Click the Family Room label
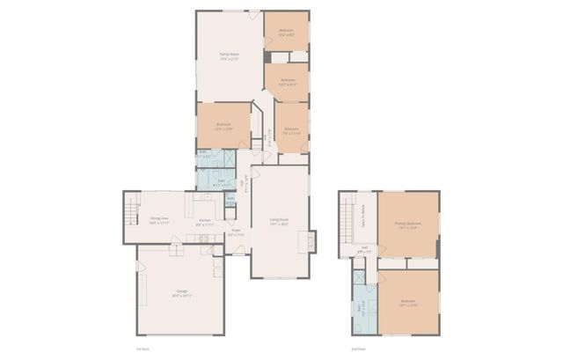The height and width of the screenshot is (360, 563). click(230, 56)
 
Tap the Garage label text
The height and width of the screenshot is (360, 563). click(181, 292)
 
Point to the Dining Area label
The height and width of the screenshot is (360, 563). click(159, 220)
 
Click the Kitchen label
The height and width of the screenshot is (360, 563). click(204, 220)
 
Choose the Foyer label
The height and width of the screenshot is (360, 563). click(236, 233)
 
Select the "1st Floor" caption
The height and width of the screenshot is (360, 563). click(142, 350)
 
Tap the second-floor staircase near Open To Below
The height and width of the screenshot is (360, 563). click(348, 211)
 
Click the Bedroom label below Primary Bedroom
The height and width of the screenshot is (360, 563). click(407, 303)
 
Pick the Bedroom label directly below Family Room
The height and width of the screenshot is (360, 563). click(223, 126)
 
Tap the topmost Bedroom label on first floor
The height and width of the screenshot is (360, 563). click(287, 33)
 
